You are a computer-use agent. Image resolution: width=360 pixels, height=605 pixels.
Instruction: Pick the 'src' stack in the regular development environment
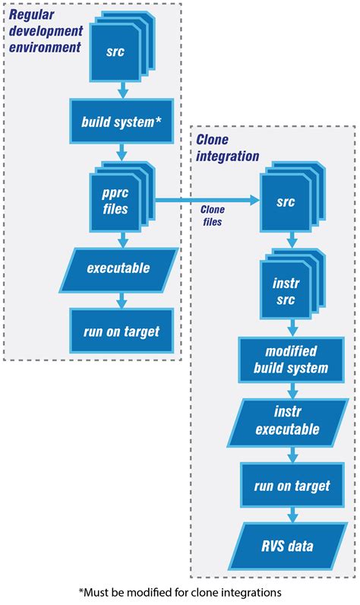(116, 52)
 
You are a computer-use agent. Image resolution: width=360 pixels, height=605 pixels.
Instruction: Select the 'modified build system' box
(286, 362)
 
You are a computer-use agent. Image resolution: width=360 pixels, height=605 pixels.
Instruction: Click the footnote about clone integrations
(180, 591)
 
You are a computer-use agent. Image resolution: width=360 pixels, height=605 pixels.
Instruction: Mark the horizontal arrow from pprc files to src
(205, 201)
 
